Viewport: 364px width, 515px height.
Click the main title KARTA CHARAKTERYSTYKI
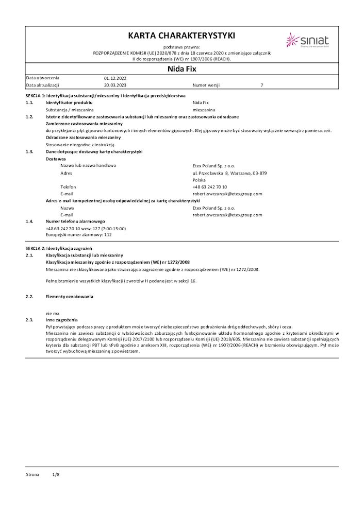181,36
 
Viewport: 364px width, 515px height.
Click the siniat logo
308,40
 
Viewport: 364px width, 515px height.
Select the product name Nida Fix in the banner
181,68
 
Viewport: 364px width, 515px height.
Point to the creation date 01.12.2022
114,78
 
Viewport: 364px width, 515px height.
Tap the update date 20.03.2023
114,85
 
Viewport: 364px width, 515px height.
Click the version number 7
262,85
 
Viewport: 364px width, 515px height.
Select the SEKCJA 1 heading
105,96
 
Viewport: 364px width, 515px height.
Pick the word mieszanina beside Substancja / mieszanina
204,110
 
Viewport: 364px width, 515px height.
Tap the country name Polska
199,180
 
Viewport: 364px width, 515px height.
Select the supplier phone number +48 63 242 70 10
210,187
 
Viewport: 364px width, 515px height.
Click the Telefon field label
68,187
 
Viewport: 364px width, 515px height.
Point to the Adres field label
66,173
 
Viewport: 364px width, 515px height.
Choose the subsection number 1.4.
29,221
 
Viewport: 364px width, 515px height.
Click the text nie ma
53,313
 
